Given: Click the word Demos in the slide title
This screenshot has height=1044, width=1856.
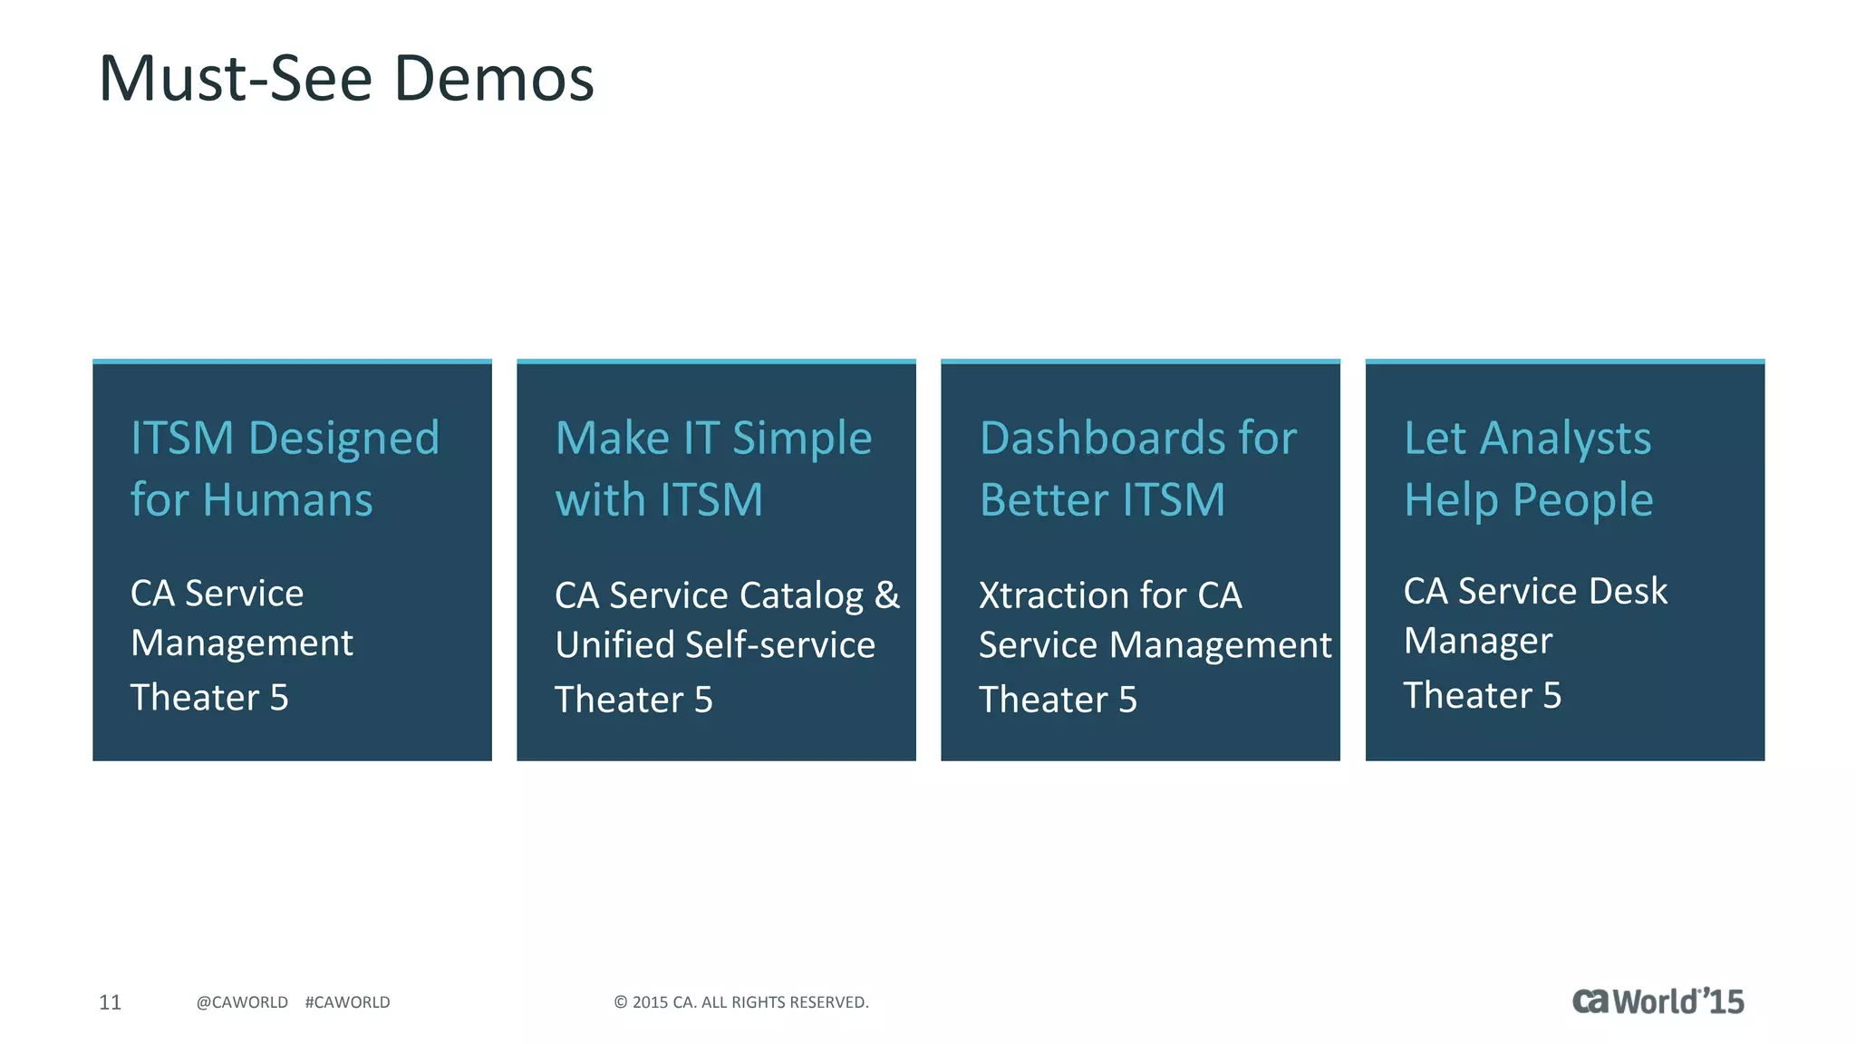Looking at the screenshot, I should (x=494, y=79).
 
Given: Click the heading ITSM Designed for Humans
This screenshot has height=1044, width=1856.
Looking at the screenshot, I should (x=285, y=469).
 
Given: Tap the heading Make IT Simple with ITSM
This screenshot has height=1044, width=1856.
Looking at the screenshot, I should (x=713, y=469).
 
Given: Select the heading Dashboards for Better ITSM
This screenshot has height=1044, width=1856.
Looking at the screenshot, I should (x=1138, y=469).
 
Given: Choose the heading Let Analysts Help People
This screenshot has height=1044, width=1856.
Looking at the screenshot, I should (x=1528, y=469).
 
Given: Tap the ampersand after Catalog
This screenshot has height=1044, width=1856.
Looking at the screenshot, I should (x=887, y=595).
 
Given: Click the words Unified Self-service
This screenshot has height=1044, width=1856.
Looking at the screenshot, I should (x=715, y=645).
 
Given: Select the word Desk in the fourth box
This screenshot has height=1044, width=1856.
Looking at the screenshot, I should (x=1628, y=591).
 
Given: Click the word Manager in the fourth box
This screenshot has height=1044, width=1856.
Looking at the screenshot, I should (x=1477, y=642).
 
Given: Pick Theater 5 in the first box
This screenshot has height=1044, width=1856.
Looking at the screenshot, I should (x=209, y=698).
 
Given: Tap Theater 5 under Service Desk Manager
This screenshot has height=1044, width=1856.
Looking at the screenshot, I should (x=1482, y=696).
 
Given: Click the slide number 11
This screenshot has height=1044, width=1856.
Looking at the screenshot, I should (x=110, y=1002).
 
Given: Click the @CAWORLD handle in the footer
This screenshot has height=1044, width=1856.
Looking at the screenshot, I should (x=242, y=1002).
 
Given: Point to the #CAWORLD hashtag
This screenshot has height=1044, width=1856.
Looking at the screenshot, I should (x=347, y=1002).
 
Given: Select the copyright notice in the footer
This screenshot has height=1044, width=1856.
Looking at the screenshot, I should (x=740, y=1002).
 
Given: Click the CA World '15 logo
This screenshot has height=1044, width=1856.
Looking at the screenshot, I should (x=1657, y=1001).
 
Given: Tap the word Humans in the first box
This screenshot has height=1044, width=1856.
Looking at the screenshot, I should (x=287, y=500).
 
